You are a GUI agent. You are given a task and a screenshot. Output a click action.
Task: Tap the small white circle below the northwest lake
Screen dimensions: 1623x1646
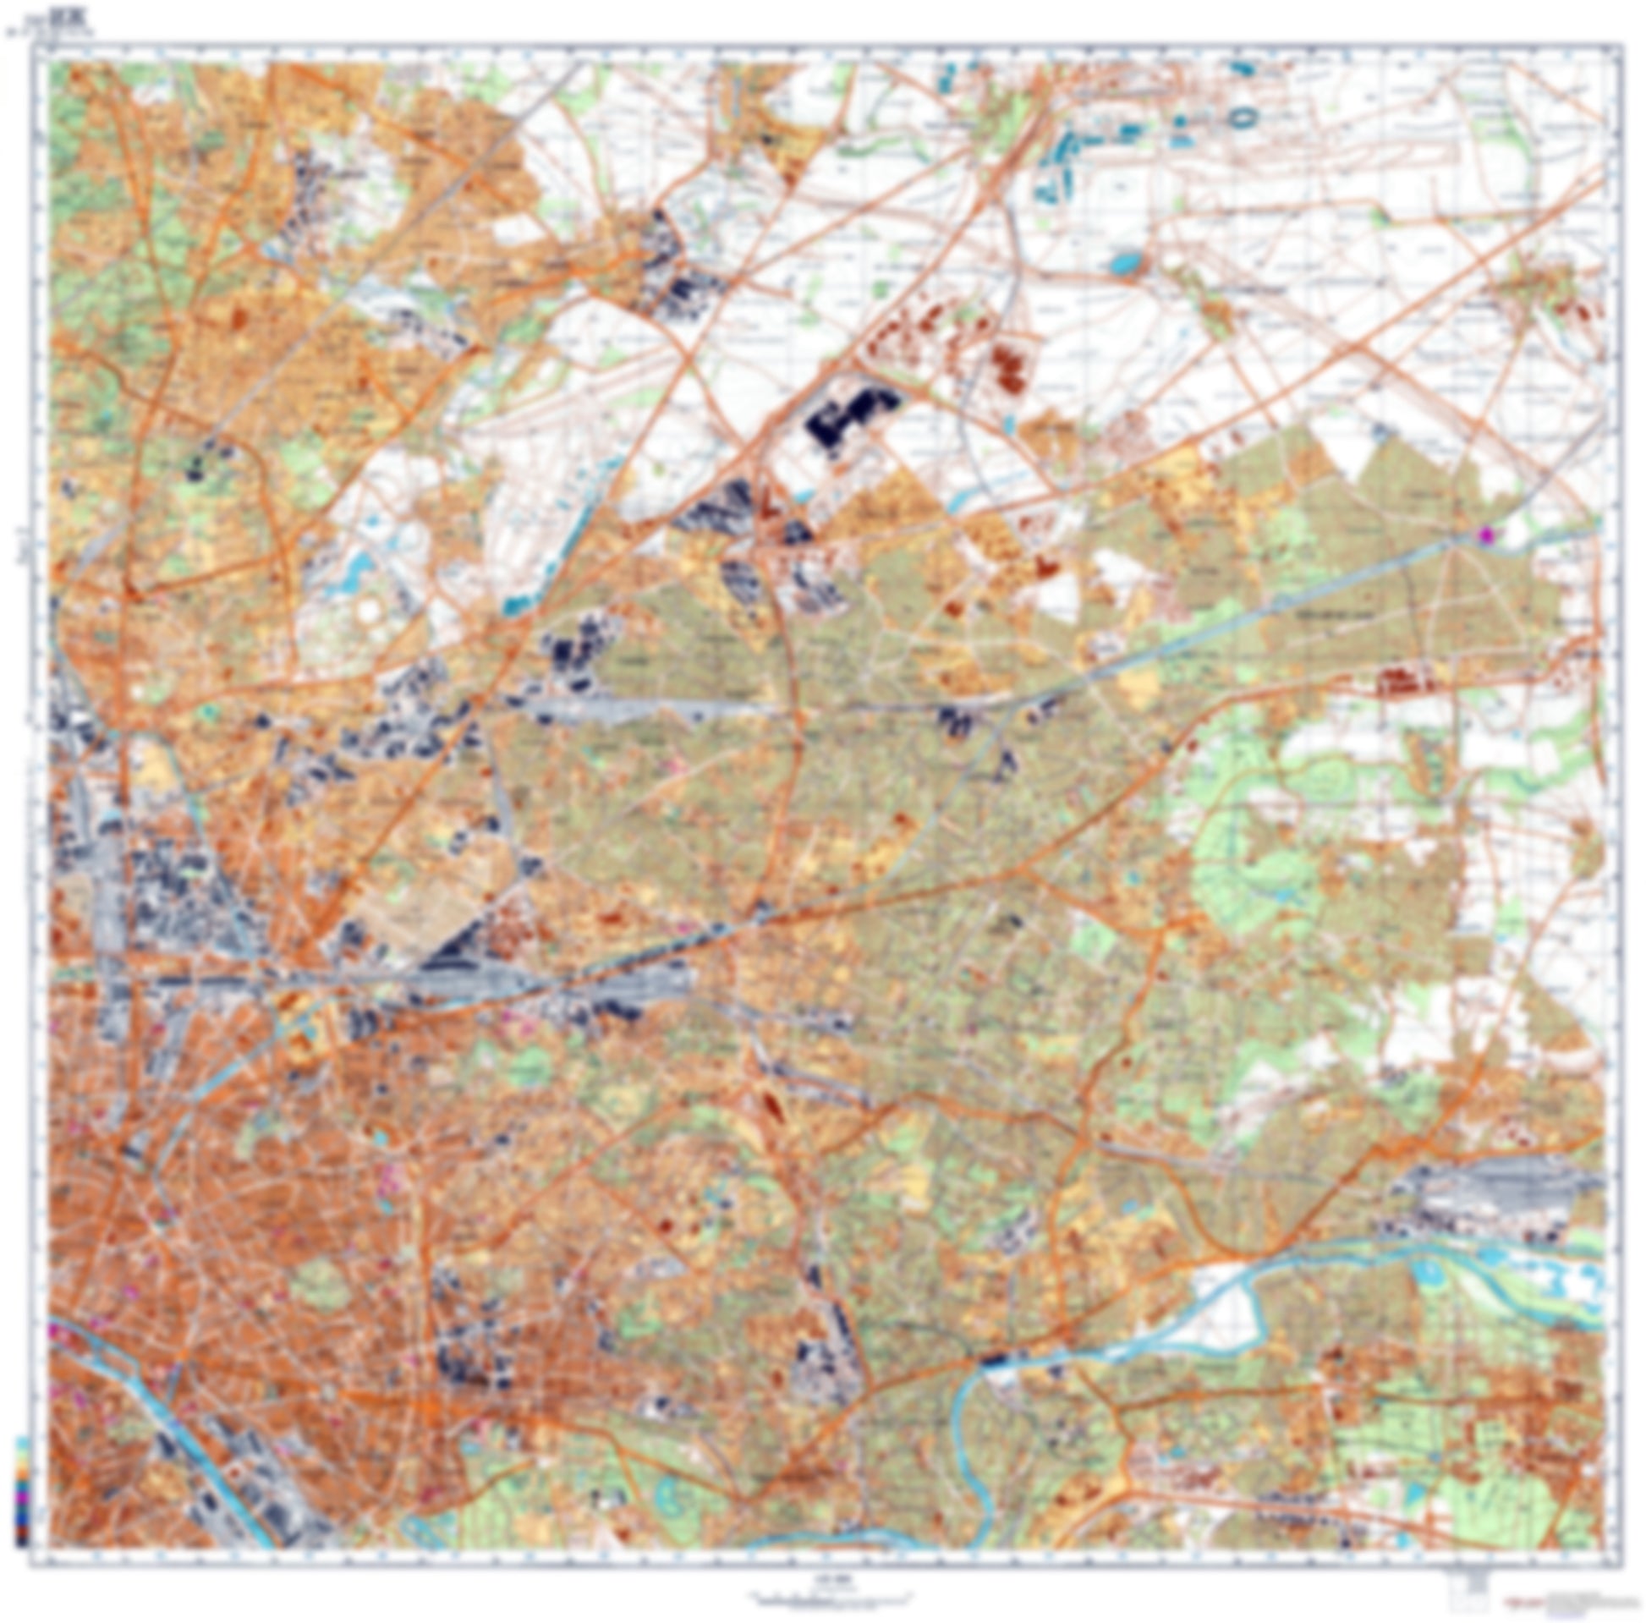(x=369, y=610)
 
